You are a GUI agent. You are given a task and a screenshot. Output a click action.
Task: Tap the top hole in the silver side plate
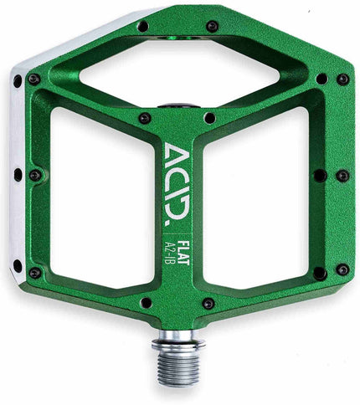pos(17,80)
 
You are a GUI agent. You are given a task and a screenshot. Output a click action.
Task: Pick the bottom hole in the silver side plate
pos(17,266)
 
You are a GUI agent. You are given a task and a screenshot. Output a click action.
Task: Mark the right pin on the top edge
pos(212,27)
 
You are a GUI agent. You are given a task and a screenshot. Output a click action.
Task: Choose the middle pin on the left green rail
pos(35,175)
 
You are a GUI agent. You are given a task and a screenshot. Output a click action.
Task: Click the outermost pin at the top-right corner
pos(342,79)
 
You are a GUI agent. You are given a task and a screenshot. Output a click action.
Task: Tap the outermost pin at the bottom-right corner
pos(342,269)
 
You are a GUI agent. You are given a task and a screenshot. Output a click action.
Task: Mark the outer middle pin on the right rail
pos(342,175)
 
